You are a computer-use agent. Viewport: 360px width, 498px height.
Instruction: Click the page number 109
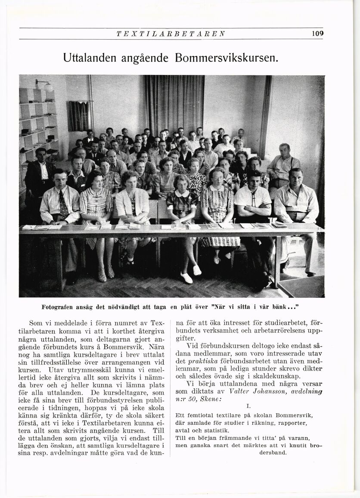click(x=317, y=33)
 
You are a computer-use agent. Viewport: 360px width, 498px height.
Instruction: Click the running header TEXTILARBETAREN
click(x=171, y=34)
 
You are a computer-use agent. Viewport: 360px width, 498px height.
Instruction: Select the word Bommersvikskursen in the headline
click(x=227, y=57)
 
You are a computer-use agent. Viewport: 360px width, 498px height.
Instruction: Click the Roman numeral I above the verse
click(x=248, y=405)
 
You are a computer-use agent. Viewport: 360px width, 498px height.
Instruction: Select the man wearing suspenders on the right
click(x=283, y=166)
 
